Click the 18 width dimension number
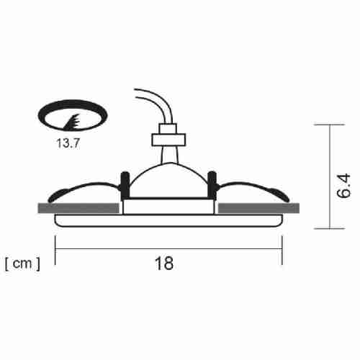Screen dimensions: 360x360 tap(164, 264)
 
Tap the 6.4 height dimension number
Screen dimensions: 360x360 tap(343, 186)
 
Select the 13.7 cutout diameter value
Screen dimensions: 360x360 tap(68, 143)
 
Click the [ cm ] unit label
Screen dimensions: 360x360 tap(22, 264)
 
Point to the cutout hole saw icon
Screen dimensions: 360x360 tap(73, 115)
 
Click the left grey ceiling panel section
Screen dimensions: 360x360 tap(78, 208)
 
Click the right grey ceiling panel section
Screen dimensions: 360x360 tap(258, 208)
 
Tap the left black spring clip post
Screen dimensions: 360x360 tap(125, 185)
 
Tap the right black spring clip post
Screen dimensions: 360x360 tap(212, 185)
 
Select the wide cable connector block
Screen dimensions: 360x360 tap(168, 140)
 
